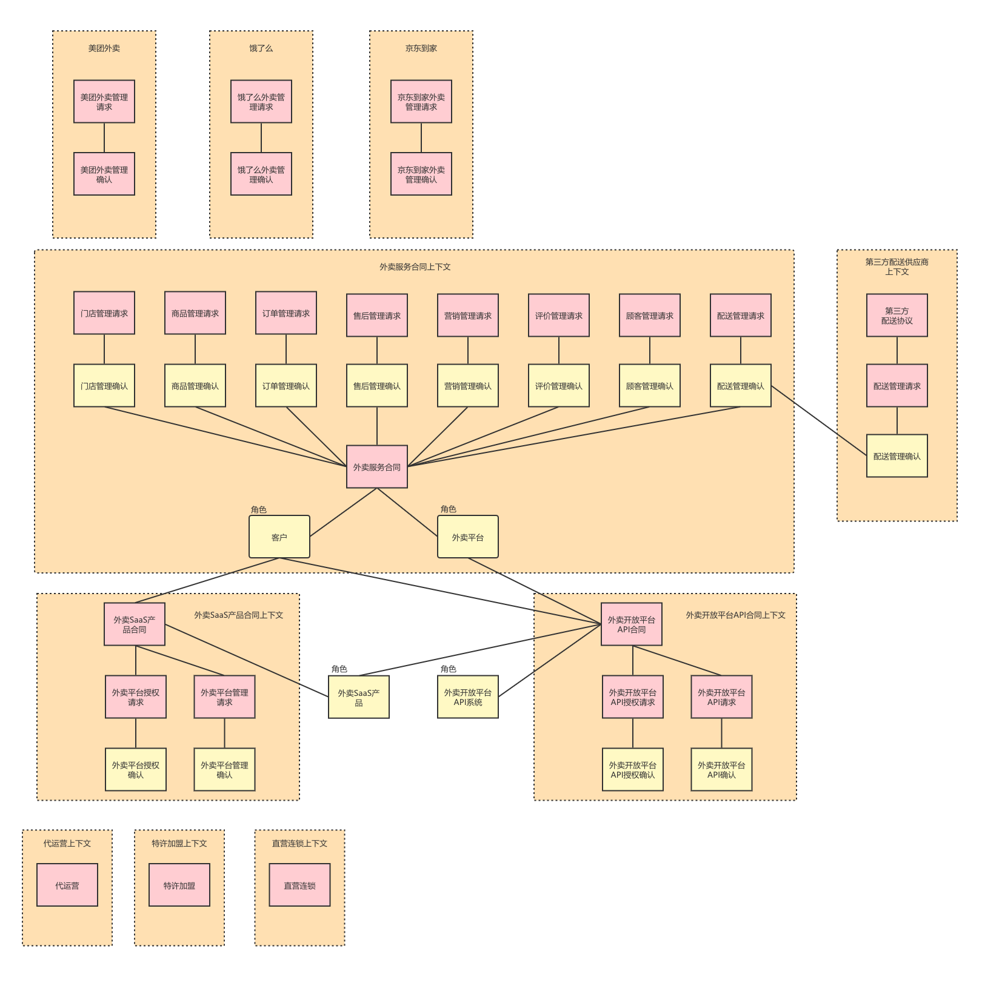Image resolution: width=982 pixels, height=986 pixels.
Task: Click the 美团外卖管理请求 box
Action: pyautogui.click(x=104, y=102)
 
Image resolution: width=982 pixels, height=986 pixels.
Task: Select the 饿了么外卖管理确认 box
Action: pyautogui.click(x=261, y=174)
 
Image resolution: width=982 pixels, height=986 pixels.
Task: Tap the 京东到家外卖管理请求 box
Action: pyautogui.click(x=421, y=102)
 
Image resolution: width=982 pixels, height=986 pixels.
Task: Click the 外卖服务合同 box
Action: pyautogui.click(x=377, y=467)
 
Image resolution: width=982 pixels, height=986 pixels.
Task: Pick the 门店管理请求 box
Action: pyautogui.click(x=104, y=313)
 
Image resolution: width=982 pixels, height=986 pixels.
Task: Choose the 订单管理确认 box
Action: pyautogui.click(x=286, y=386)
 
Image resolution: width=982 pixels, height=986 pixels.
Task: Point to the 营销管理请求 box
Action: pyautogui.click(x=468, y=316)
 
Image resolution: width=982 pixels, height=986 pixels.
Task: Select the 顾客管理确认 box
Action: pyautogui.click(x=650, y=386)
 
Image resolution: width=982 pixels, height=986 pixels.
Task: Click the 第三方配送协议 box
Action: pyautogui.click(x=897, y=316)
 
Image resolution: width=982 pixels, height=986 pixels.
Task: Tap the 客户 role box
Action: pyautogui.click(x=279, y=537)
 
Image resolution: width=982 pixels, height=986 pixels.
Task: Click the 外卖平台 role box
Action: pyautogui.click(x=468, y=537)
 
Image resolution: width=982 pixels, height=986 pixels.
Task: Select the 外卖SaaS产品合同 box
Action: pyautogui.click(x=135, y=624)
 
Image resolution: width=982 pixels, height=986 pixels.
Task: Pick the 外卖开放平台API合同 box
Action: pyautogui.click(x=632, y=624)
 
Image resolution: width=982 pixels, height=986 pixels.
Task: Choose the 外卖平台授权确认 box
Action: pyautogui.click(x=136, y=770)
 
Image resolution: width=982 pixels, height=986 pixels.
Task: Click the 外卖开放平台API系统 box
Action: pyautogui.click(x=468, y=697)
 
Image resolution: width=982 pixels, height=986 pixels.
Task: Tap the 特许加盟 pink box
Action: pyautogui.click(x=179, y=885)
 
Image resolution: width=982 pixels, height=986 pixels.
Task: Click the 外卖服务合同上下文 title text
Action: pyautogui.click(x=415, y=267)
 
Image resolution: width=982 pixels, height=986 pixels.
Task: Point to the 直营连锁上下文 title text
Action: pyautogui.click(x=299, y=844)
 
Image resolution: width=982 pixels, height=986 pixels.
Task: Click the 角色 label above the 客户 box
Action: pyautogui.click(x=259, y=510)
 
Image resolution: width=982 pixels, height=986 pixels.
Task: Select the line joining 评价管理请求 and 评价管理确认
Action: pyautogui.click(x=559, y=351)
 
